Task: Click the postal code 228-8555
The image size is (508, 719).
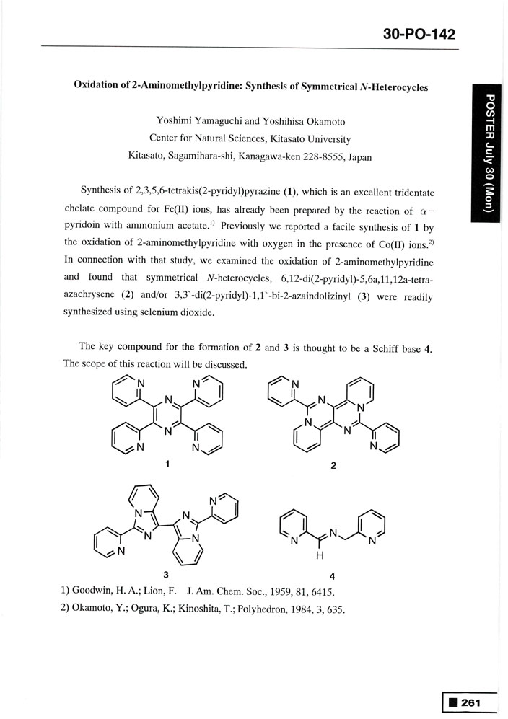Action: point(315,156)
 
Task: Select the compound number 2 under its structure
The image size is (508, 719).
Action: point(333,465)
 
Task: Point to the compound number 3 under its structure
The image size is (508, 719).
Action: point(166,575)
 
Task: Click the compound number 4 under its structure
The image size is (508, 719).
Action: point(332,575)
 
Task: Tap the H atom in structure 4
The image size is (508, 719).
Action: point(318,555)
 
